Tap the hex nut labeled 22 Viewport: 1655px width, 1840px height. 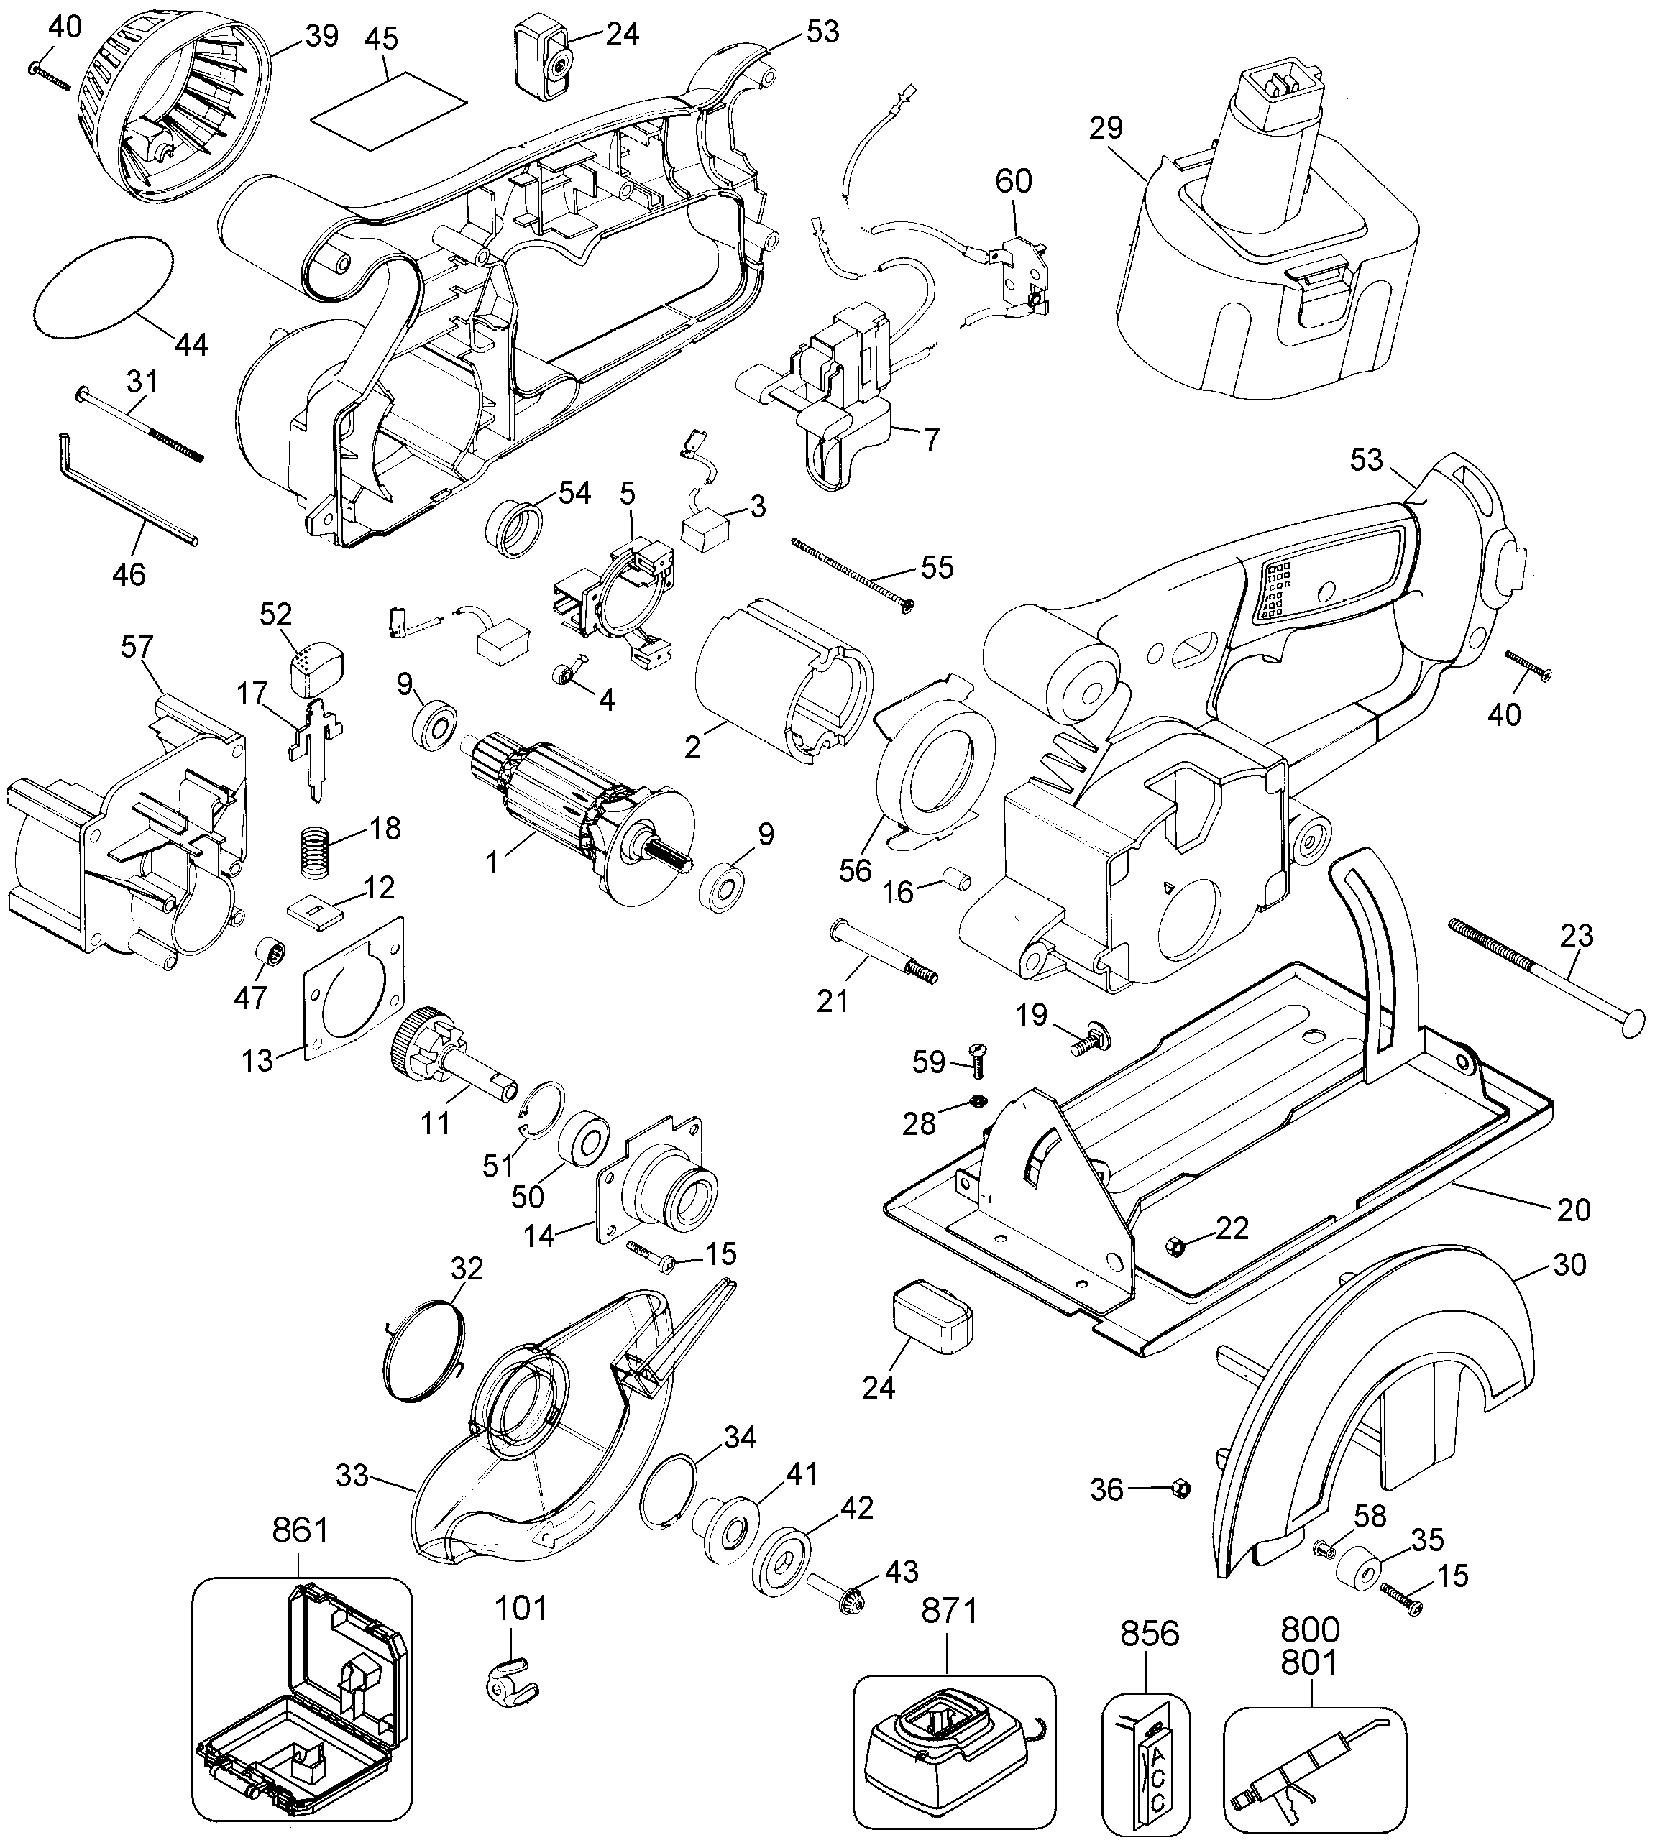coord(1174,1245)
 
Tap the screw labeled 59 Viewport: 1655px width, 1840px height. coord(979,1057)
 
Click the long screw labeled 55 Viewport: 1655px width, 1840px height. coord(851,573)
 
